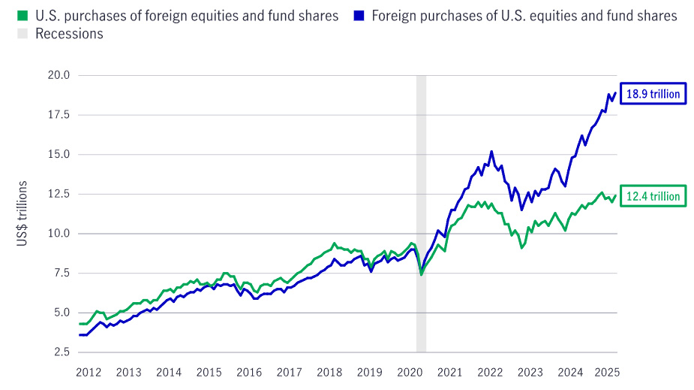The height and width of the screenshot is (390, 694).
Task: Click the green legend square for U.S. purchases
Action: (x=22, y=16)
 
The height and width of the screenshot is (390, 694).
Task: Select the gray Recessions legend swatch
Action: (x=22, y=34)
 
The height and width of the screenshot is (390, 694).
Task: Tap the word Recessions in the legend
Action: (x=69, y=34)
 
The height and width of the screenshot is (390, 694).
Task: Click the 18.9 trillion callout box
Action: (x=653, y=94)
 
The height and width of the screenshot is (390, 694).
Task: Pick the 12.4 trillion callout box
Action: (x=653, y=196)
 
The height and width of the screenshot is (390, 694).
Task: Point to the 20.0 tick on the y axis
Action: (x=59, y=75)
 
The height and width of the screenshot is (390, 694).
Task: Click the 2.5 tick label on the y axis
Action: (x=62, y=352)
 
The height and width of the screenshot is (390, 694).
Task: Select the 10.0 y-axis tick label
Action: (x=59, y=234)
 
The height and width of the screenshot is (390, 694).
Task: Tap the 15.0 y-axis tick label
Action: (x=59, y=154)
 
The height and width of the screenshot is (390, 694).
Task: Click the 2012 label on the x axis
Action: (x=89, y=372)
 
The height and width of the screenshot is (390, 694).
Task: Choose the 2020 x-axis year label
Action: (x=410, y=372)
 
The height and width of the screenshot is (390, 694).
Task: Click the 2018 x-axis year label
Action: (x=329, y=372)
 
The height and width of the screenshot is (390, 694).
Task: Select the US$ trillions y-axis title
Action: (x=23, y=213)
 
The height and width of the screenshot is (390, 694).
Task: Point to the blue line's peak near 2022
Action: (x=491, y=151)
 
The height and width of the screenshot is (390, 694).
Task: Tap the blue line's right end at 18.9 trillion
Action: (x=616, y=93)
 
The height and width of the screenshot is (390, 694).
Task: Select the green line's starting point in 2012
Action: (x=80, y=324)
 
